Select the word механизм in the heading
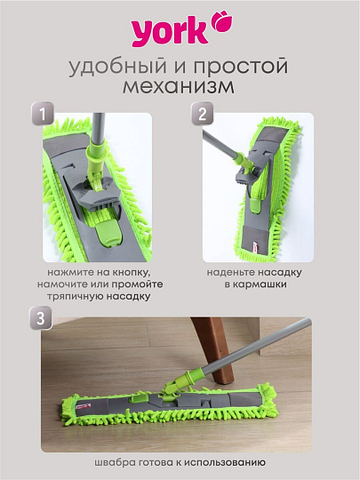(180, 89)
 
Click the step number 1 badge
(42, 113)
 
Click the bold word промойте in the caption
(147, 283)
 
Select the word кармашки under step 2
(259, 283)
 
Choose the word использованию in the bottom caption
(226, 461)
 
